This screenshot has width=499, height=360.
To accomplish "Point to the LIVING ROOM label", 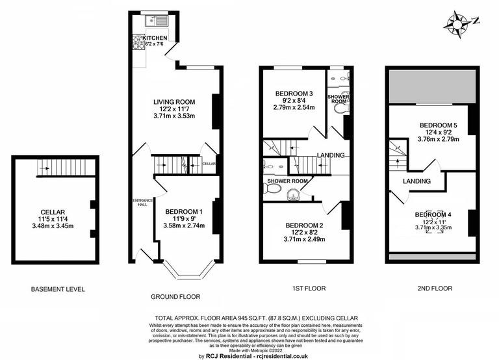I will point(174,102).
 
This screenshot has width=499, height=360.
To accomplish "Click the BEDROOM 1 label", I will point(184,211).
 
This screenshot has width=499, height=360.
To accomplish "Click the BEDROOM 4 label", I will point(434,214).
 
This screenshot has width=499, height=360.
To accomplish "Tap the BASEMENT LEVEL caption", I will point(58,289).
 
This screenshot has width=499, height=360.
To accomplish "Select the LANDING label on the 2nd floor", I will point(416,181).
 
